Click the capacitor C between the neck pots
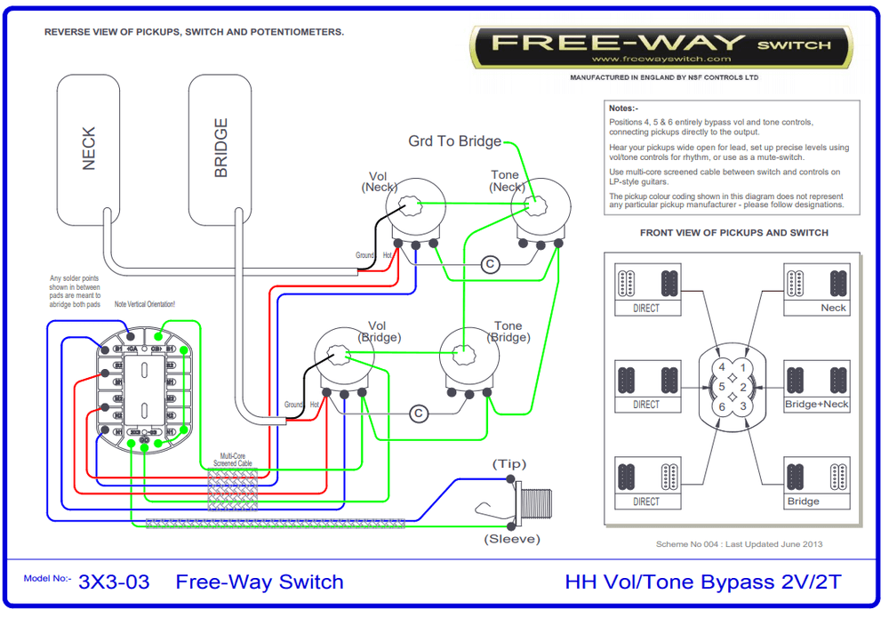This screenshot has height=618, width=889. [488, 263]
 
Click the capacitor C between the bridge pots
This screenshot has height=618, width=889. [419, 413]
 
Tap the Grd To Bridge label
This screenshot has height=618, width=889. [454, 141]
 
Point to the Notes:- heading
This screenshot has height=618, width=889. [626, 108]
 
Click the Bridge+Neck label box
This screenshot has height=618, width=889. [816, 405]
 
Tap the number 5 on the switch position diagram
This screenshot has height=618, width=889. [722, 387]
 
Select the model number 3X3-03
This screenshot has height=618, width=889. [114, 582]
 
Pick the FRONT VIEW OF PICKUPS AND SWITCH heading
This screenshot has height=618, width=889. [733, 233]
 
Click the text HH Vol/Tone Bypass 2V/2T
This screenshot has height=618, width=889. [702, 582]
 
